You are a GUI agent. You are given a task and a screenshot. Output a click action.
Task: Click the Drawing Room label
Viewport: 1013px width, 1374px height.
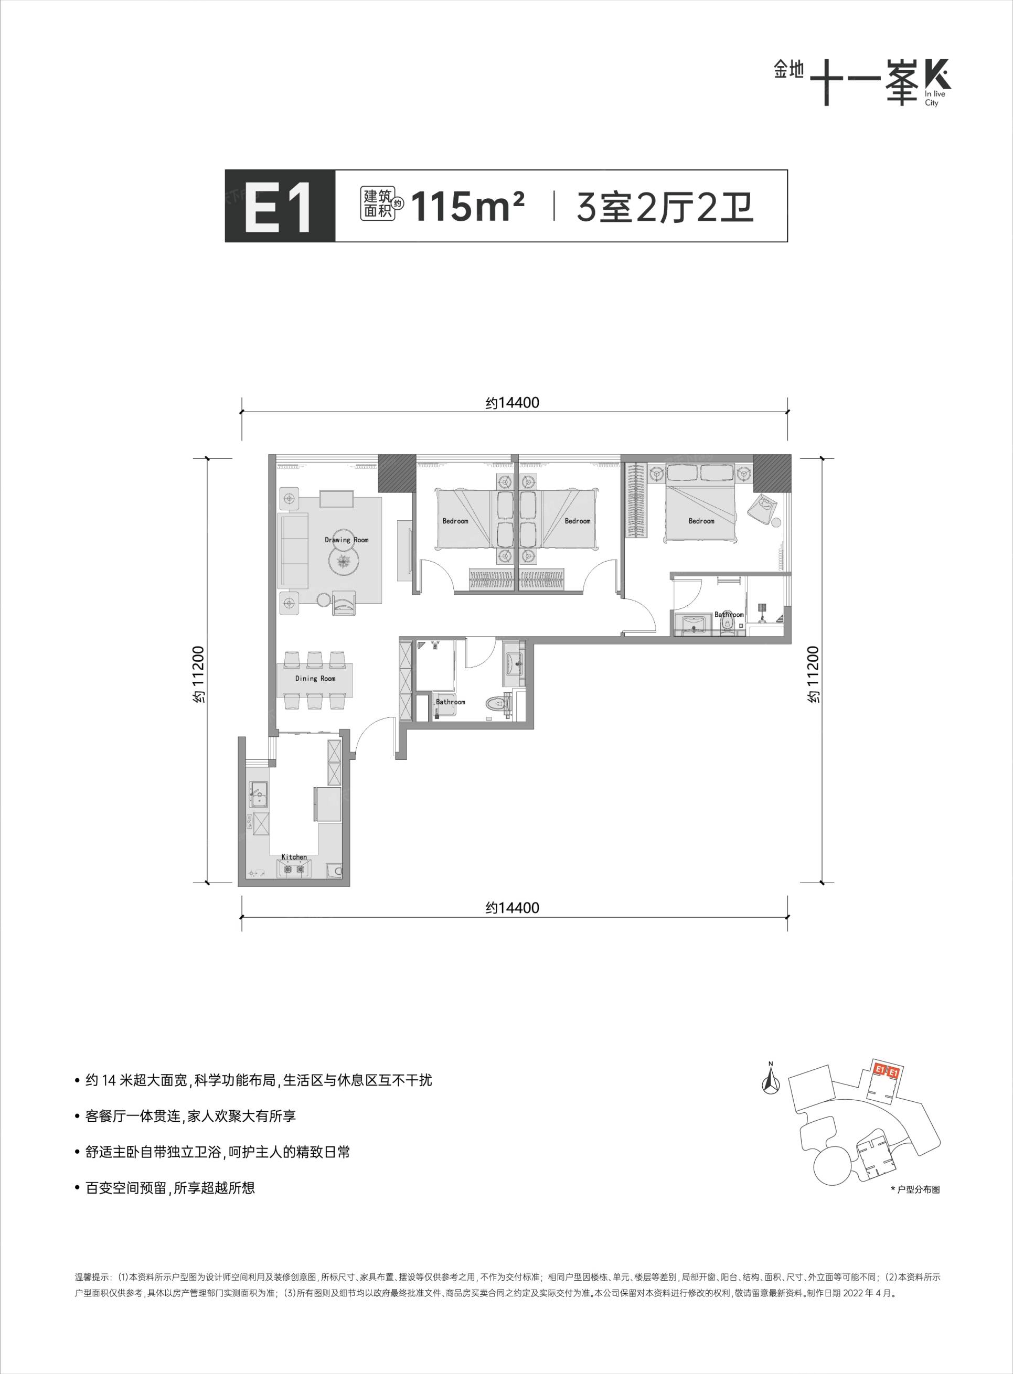coord(346,540)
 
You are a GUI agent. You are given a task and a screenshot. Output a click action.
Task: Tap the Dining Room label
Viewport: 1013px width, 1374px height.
coord(315,679)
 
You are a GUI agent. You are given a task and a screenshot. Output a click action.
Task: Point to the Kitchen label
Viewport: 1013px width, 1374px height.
coord(294,857)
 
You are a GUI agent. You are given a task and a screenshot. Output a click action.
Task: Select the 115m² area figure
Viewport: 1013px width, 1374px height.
coord(468,207)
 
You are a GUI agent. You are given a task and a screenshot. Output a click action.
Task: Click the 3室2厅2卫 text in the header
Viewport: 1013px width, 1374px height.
coord(665,207)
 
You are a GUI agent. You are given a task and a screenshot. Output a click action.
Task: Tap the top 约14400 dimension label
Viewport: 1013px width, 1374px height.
coord(513,403)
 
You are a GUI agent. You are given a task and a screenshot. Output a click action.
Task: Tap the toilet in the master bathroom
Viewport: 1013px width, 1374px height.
coord(728,625)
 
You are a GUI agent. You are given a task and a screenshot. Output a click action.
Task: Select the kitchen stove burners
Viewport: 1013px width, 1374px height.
coord(294,868)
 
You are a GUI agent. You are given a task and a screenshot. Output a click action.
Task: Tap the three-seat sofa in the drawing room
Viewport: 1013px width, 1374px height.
coord(294,552)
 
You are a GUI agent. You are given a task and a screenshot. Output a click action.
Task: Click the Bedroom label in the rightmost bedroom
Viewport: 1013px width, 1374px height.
coord(701,521)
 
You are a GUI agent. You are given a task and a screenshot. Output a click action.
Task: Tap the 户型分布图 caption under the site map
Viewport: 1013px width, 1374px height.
coord(918,1189)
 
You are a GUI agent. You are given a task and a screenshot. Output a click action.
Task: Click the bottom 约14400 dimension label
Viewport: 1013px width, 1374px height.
coord(513,907)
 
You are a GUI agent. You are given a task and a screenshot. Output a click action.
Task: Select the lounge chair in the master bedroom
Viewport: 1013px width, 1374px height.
coord(763,508)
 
